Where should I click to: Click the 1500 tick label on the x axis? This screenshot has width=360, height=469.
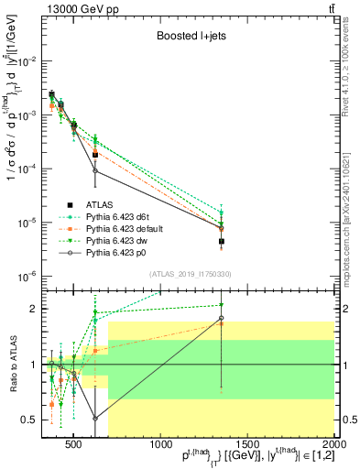[x=247, y=447]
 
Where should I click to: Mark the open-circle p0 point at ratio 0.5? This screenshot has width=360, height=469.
[x=95, y=419]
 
